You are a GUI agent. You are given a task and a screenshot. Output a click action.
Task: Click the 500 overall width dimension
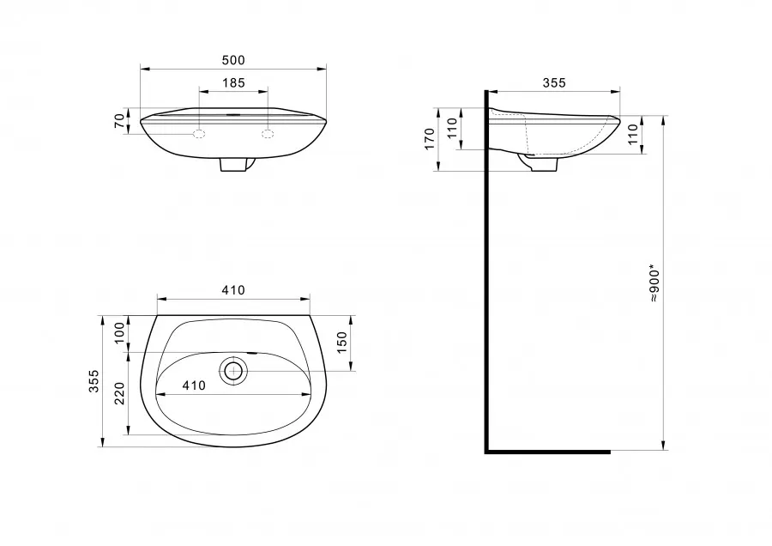click(233, 60)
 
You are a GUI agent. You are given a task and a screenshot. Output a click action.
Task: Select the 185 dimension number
click(233, 82)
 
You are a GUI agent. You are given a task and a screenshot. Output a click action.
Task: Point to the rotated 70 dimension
click(119, 121)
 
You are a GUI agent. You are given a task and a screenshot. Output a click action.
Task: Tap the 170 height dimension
click(430, 139)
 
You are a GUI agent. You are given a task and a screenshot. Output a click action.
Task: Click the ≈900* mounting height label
click(654, 285)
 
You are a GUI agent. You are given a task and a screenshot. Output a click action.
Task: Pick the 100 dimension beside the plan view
click(119, 334)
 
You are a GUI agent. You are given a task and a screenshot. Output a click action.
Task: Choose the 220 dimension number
click(119, 393)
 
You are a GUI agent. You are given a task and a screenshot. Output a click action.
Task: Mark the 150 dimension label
click(341, 342)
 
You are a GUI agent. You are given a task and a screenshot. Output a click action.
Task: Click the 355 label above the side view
click(554, 82)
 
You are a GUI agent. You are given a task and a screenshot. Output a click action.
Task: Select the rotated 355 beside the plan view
click(93, 381)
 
